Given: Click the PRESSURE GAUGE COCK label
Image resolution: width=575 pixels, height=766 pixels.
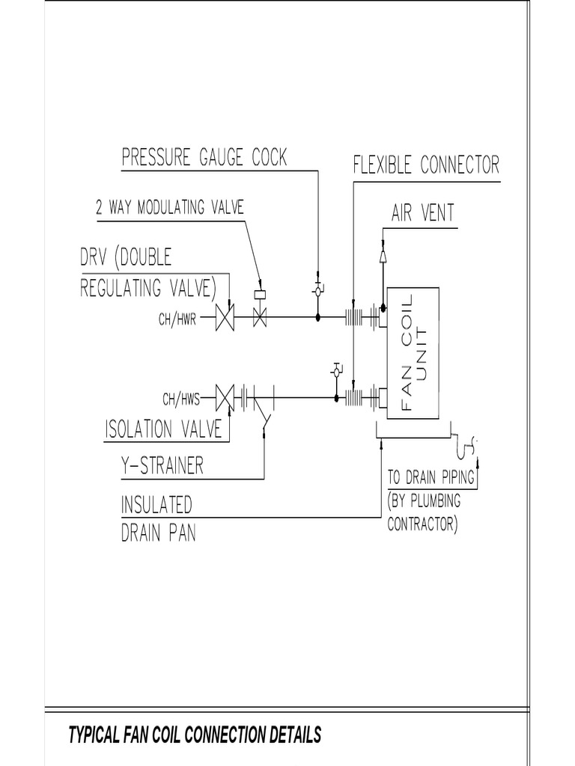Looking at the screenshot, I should click(x=204, y=158).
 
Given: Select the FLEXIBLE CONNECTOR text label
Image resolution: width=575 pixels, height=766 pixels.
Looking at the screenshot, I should click(x=425, y=165).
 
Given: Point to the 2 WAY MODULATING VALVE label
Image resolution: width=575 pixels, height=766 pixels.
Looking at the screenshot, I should click(x=169, y=208).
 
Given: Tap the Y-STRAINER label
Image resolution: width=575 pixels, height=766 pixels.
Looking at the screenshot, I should click(x=162, y=467).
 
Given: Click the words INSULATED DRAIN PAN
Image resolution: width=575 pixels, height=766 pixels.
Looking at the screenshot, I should click(x=158, y=519).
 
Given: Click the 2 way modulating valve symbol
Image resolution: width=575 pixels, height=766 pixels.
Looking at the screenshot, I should click(x=260, y=314).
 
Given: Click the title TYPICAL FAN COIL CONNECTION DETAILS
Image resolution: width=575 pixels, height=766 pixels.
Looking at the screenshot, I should click(x=195, y=735).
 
